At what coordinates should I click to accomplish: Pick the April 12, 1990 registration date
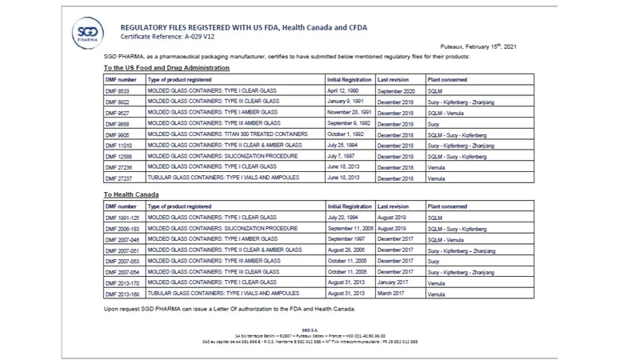[344, 93]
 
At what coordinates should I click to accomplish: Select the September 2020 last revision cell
[398, 93]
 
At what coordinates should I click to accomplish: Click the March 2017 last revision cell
[393, 294]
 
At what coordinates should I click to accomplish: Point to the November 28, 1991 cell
[350, 114]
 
